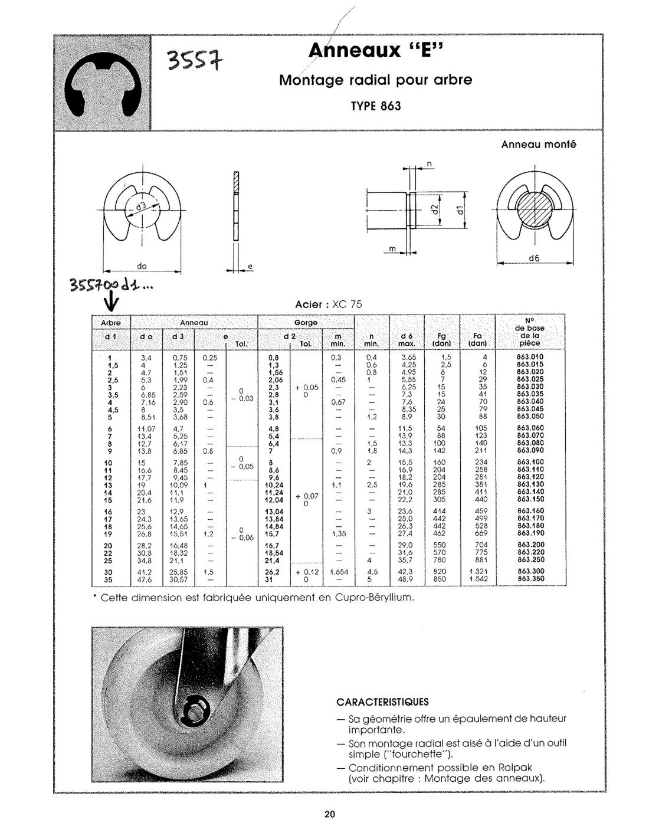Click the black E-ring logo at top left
(x=103, y=83)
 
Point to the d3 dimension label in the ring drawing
(x=141, y=207)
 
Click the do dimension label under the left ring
(x=142, y=266)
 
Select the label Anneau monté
(x=539, y=144)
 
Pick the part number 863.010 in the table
(x=530, y=357)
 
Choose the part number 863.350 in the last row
(x=530, y=579)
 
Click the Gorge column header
(x=306, y=322)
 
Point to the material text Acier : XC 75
(x=328, y=304)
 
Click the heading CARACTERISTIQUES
(x=382, y=702)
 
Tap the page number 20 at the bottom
(x=329, y=815)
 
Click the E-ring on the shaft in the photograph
(x=194, y=706)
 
